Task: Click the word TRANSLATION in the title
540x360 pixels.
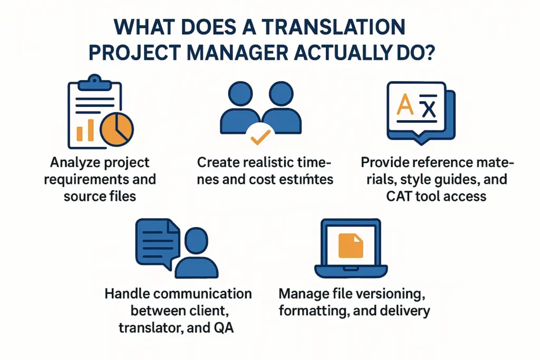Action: (333, 27)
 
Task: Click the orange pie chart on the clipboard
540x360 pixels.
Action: (117, 130)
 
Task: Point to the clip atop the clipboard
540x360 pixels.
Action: (95, 83)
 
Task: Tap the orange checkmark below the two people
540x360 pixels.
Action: (261, 137)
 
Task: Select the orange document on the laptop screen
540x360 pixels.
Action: (351, 246)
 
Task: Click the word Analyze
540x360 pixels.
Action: (75, 162)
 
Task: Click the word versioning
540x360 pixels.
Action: (388, 294)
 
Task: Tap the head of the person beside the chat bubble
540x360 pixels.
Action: (196, 240)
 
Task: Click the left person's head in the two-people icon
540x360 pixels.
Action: (240, 94)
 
